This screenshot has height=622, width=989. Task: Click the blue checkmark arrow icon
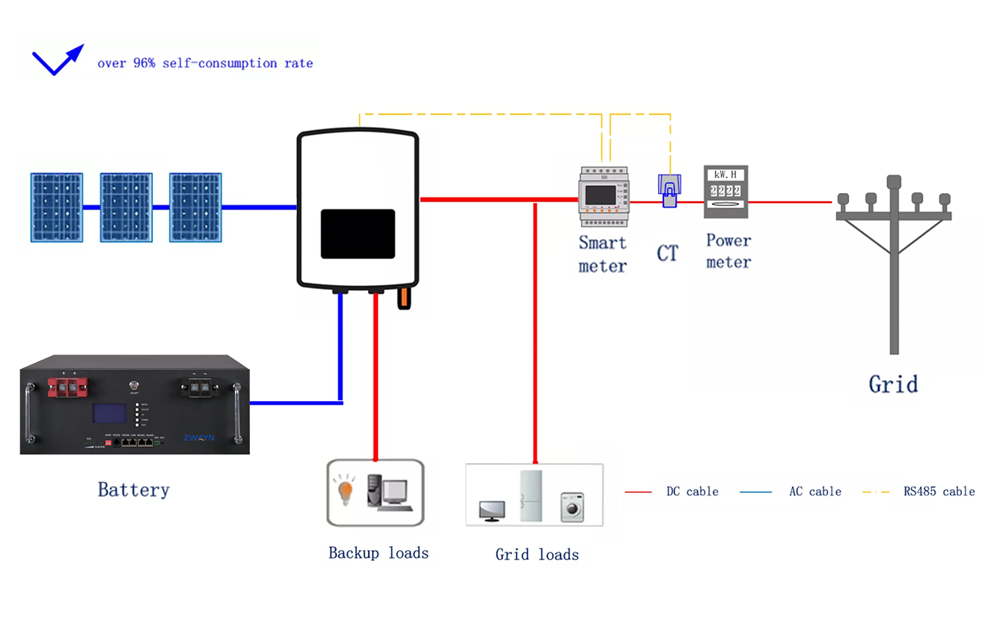click(57, 60)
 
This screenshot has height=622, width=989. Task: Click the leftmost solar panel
click(57, 208)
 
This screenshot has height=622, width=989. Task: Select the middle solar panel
click(126, 208)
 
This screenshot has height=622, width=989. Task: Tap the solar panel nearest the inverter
click(195, 208)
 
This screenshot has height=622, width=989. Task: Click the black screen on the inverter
click(357, 234)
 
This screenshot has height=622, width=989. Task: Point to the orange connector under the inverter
click(404, 298)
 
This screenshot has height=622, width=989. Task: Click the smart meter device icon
click(603, 196)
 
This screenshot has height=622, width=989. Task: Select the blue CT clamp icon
click(669, 190)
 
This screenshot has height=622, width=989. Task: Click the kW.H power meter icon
click(726, 191)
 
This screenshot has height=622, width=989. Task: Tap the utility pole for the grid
click(894, 264)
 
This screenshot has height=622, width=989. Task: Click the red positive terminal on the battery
click(67, 387)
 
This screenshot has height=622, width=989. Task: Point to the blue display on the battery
click(109, 413)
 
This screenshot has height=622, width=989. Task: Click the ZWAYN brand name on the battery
click(198, 438)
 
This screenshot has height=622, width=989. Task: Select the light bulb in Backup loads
click(345, 490)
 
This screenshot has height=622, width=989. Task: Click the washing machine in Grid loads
click(572, 507)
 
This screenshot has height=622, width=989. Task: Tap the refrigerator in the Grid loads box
click(531, 495)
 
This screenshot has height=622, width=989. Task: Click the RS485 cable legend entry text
click(939, 492)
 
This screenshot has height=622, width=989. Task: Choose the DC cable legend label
click(692, 492)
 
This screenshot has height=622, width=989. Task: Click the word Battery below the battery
click(134, 490)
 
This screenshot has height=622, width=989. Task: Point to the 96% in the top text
click(144, 63)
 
